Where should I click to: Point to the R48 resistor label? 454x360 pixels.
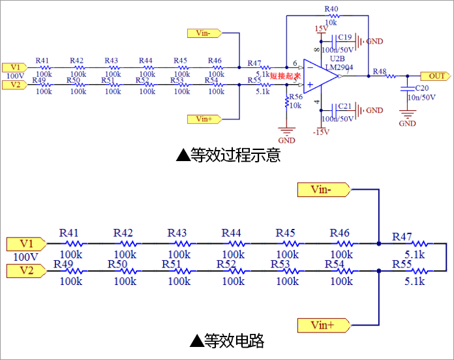tap(379, 71)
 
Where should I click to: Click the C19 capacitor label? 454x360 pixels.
tap(345, 37)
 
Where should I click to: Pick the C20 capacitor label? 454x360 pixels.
tap(422, 87)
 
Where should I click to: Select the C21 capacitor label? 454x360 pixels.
tap(345, 106)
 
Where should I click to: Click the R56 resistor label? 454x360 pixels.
tap(295, 97)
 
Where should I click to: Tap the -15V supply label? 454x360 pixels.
tap(320, 132)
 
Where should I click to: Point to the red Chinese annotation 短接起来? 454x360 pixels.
tap(285, 76)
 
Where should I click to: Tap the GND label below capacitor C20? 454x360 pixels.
tap(407, 123)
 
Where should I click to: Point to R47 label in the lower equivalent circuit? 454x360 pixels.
tap(402, 236)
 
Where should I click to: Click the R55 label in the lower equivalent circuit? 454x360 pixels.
tap(402, 264)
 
